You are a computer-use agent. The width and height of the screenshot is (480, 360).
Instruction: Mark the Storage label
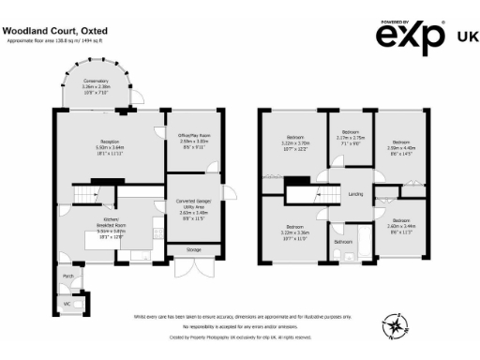193,250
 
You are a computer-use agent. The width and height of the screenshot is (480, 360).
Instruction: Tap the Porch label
67,277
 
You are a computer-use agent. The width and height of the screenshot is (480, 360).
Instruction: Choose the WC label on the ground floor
67,304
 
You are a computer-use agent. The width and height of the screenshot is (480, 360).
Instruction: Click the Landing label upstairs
356,194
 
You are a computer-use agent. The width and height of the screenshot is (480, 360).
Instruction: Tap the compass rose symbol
397,326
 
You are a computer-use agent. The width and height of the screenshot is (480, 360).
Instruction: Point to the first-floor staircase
308,194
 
